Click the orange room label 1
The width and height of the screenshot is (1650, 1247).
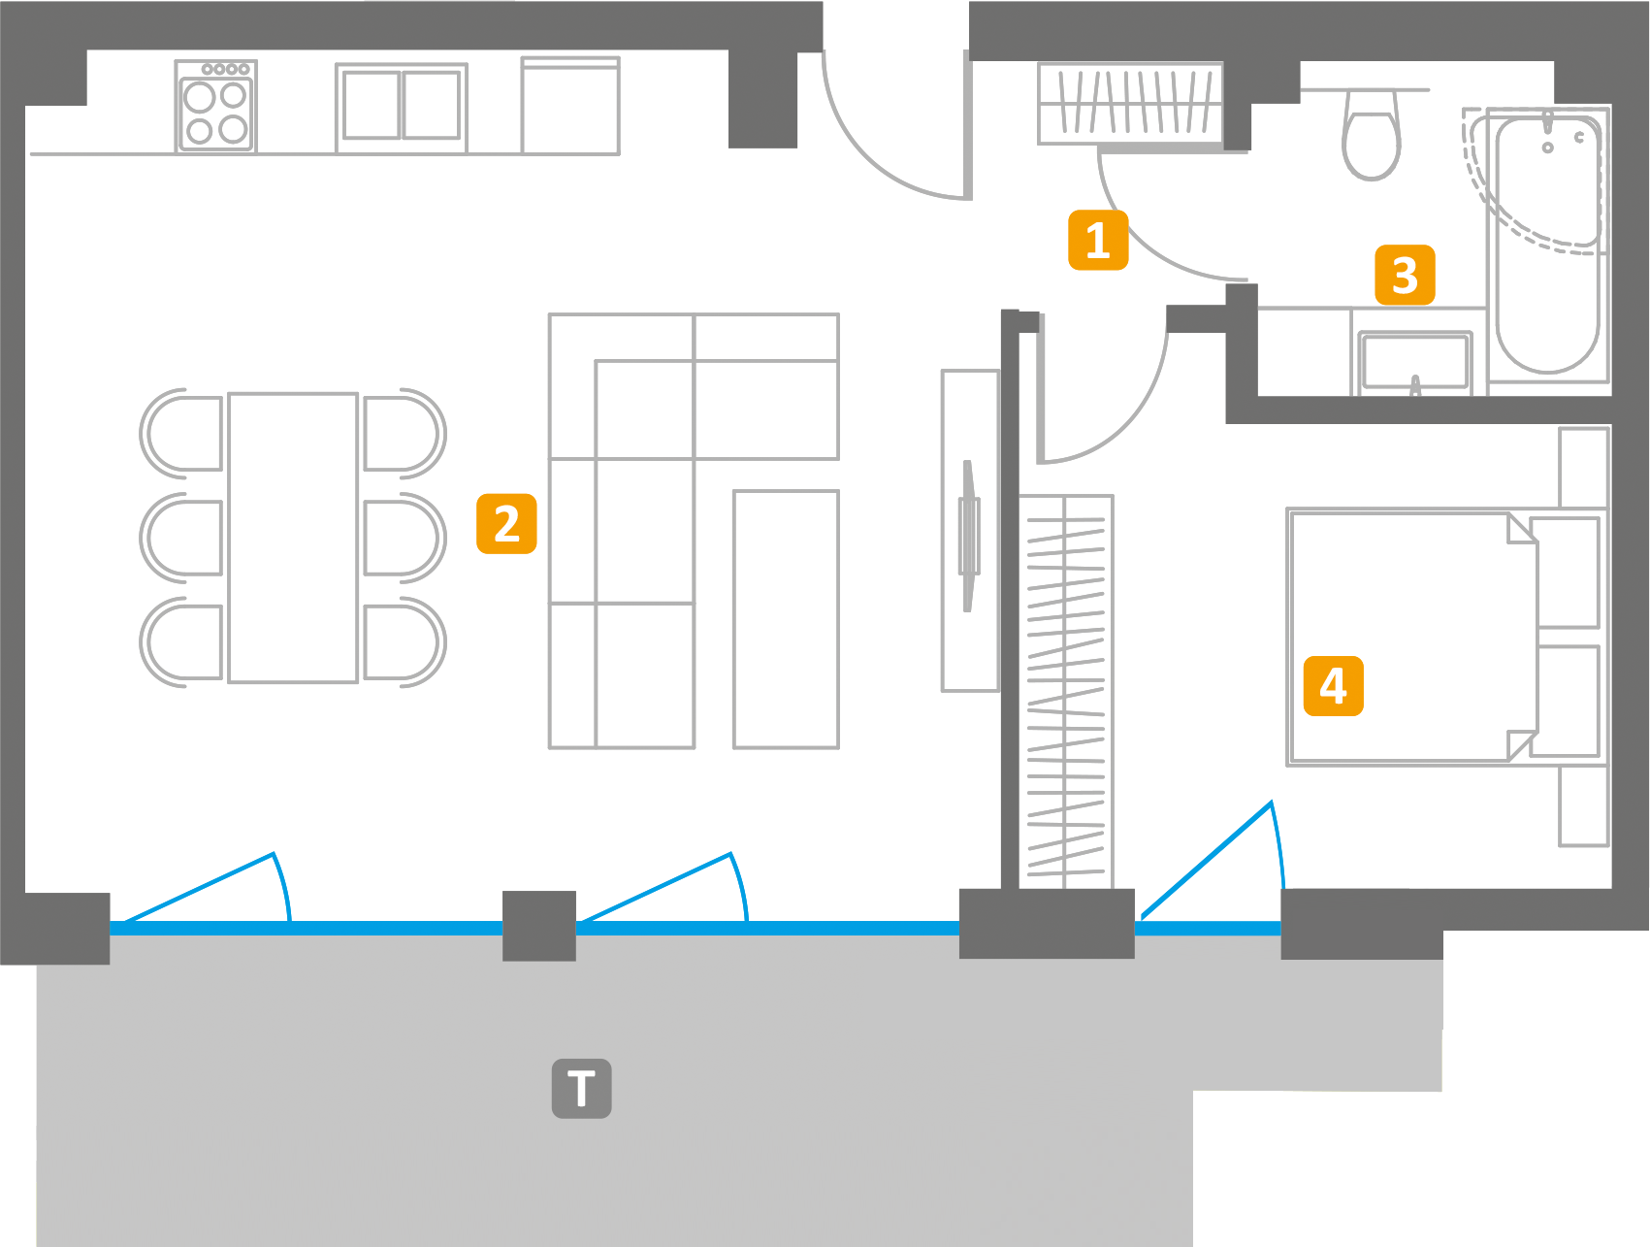[x=1097, y=240]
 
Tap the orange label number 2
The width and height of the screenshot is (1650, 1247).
[x=506, y=524]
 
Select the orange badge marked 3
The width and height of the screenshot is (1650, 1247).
[x=1404, y=276]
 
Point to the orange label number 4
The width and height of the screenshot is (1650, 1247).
[x=1333, y=686]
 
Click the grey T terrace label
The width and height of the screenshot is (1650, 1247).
[x=581, y=1088]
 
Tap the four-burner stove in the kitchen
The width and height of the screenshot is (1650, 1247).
[x=215, y=107]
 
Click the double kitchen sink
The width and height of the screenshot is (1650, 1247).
[x=401, y=106]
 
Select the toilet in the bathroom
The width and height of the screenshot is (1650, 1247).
[x=1372, y=136]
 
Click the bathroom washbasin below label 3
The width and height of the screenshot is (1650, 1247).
[x=1415, y=361]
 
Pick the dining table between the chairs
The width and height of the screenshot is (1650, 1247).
[x=293, y=538]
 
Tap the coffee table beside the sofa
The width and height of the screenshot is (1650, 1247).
[x=785, y=619]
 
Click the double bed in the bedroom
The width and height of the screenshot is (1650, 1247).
[x=1411, y=638]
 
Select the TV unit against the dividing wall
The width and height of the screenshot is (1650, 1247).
[x=969, y=531]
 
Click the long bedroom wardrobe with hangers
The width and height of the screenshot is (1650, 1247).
[x=1066, y=689]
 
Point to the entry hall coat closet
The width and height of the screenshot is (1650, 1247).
[x=1130, y=103]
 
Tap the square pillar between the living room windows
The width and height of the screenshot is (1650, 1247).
[x=538, y=925]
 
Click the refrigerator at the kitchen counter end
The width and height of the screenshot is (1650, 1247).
[x=569, y=106]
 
